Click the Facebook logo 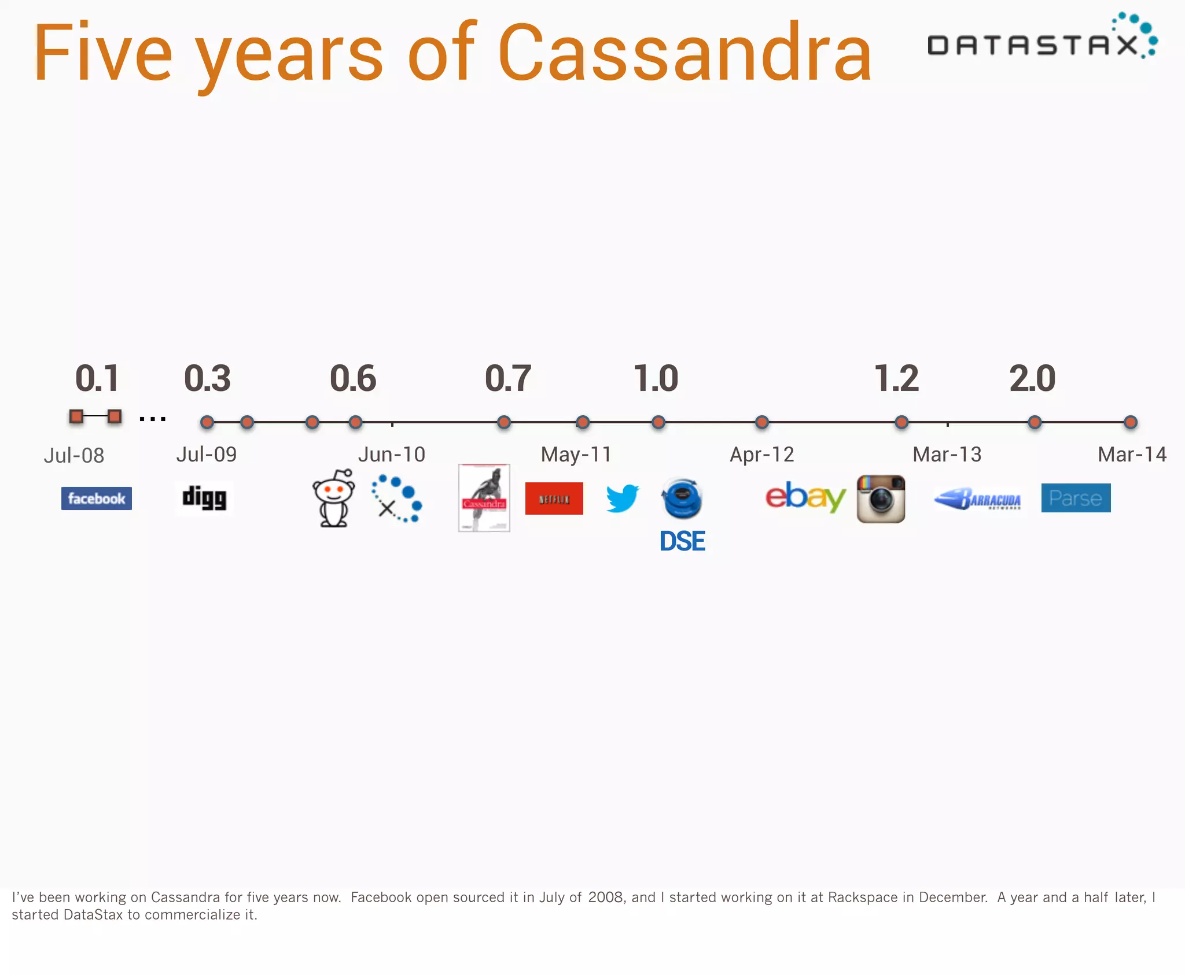click(x=97, y=498)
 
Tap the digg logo click(x=204, y=498)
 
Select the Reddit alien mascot click(x=334, y=498)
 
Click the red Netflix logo click(x=554, y=498)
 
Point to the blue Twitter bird click(x=623, y=498)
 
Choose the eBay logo click(x=805, y=497)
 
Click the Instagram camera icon click(x=881, y=498)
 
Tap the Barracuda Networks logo click(x=978, y=499)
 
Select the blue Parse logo click(x=1076, y=498)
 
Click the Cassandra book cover click(x=484, y=498)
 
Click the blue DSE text click(x=682, y=541)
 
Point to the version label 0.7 click(x=507, y=379)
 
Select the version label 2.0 click(x=1032, y=379)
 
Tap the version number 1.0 click(x=656, y=379)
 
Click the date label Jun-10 click(x=392, y=455)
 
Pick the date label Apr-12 click(x=761, y=455)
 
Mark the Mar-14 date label click(x=1132, y=455)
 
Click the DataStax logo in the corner click(x=1042, y=38)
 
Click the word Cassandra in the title click(x=684, y=53)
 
